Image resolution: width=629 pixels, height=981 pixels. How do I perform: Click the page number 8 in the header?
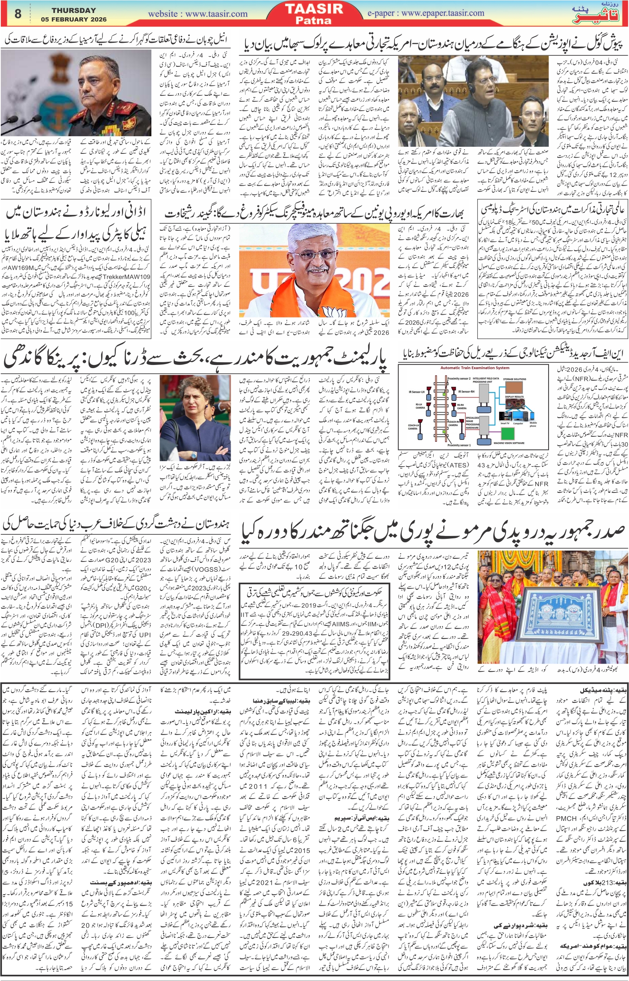[x=18, y=13]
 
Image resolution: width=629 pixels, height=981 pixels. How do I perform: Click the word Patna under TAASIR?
[x=314, y=20]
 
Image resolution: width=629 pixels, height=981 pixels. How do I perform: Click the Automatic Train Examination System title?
[x=474, y=368]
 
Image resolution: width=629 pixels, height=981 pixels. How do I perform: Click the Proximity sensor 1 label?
[x=459, y=445]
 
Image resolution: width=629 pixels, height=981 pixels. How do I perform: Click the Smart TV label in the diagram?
[x=505, y=423]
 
